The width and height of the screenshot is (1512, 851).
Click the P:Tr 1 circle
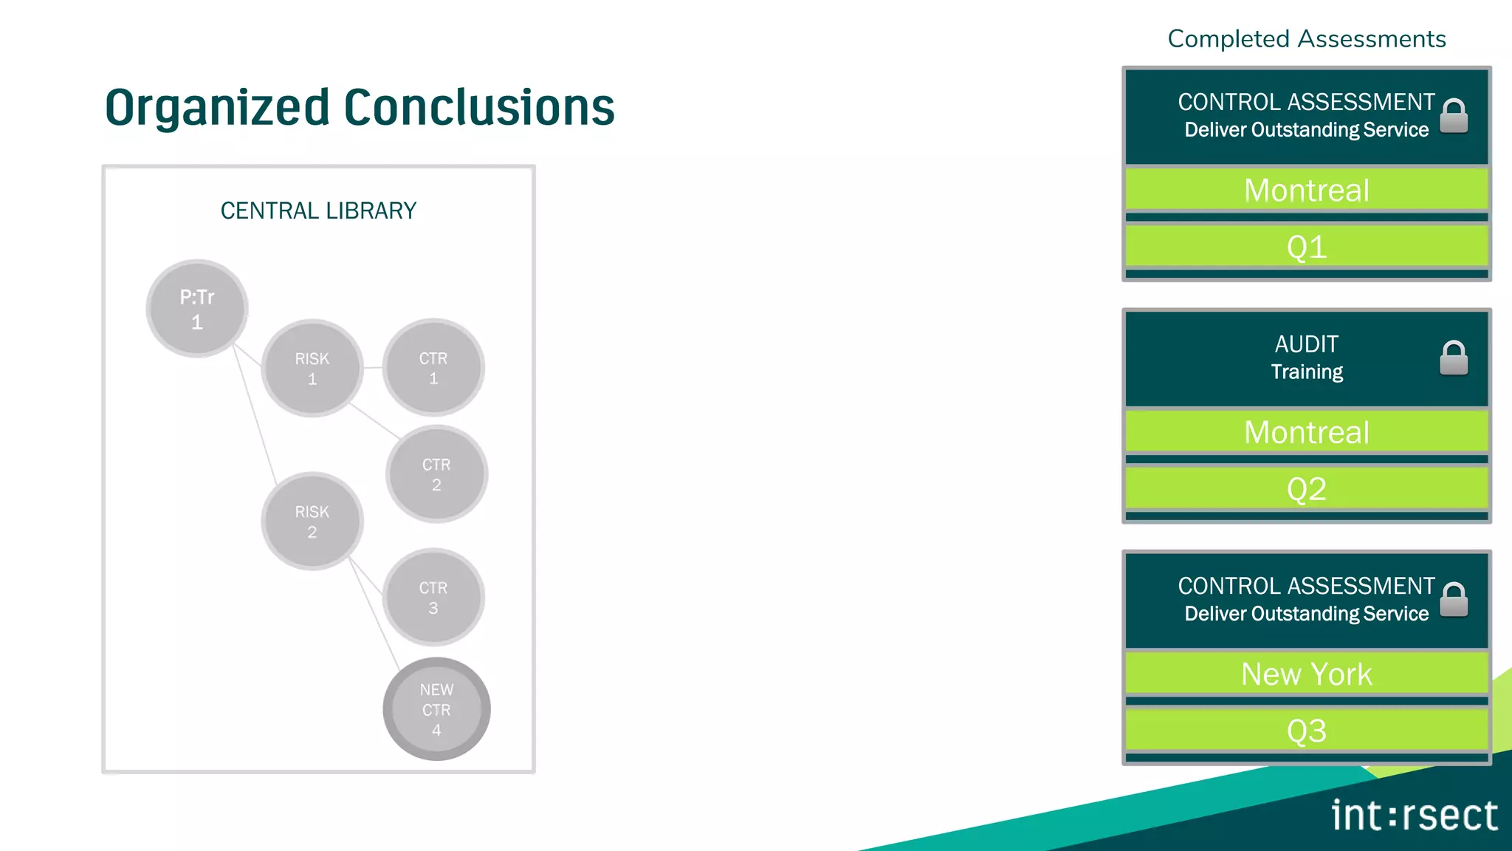point(196,309)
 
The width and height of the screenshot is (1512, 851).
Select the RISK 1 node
point(312,368)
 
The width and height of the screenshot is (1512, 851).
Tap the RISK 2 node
point(312,521)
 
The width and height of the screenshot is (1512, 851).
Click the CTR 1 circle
point(433,368)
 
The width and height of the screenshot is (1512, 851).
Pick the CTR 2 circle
point(436,474)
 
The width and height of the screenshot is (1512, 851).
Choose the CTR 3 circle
point(433,597)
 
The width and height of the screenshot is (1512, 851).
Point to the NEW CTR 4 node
point(436,709)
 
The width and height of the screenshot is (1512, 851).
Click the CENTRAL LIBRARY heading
point(318,211)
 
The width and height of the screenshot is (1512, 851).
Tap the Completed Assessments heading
point(1306,39)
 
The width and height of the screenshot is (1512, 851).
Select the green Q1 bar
point(1306,247)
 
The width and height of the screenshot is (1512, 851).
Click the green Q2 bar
point(1306,489)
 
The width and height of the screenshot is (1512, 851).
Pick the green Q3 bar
point(1306,731)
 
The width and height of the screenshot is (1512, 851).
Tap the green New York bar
point(1306,674)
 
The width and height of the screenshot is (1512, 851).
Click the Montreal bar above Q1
point(1306,191)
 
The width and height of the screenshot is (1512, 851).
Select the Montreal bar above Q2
point(1306,432)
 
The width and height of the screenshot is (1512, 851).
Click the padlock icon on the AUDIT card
point(1454,358)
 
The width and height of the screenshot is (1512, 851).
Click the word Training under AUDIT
point(1307,372)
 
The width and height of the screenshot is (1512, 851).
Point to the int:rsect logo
point(1414,816)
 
